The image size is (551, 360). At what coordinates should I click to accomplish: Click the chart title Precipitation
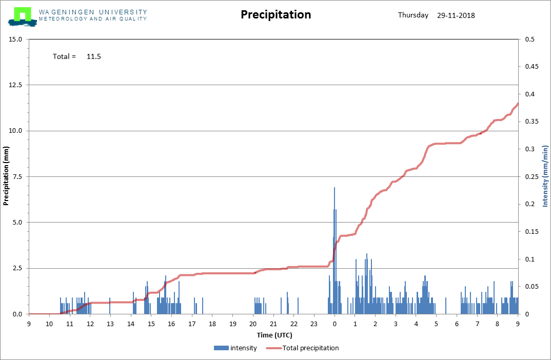(276, 14)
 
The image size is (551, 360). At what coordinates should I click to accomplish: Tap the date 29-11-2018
(456, 15)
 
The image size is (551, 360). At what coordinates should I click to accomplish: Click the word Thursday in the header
(414, 15)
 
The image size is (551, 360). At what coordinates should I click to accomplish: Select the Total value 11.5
(94, 56)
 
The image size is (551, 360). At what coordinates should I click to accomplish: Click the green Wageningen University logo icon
(23, 17)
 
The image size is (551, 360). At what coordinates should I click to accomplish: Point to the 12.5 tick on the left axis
(15, 85)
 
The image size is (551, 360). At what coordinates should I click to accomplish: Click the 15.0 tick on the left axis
(15, 39)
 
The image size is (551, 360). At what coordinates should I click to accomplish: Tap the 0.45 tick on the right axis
(532, 66)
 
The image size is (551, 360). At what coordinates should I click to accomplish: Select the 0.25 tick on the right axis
(532, 176)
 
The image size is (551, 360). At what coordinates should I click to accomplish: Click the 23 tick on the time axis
(314, 324)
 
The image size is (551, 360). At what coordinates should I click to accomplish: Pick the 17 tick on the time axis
(192, 324)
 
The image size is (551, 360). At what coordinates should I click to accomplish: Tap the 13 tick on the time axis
(110, 324)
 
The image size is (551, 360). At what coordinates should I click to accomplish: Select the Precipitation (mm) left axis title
(6, 176)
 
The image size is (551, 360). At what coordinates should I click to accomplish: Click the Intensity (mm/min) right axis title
(545, 176)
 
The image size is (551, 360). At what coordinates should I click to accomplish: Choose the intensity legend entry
(235, 348)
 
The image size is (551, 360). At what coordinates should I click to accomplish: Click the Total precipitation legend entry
(303, 348)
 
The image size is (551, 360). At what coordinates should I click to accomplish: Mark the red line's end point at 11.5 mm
(518, 104)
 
